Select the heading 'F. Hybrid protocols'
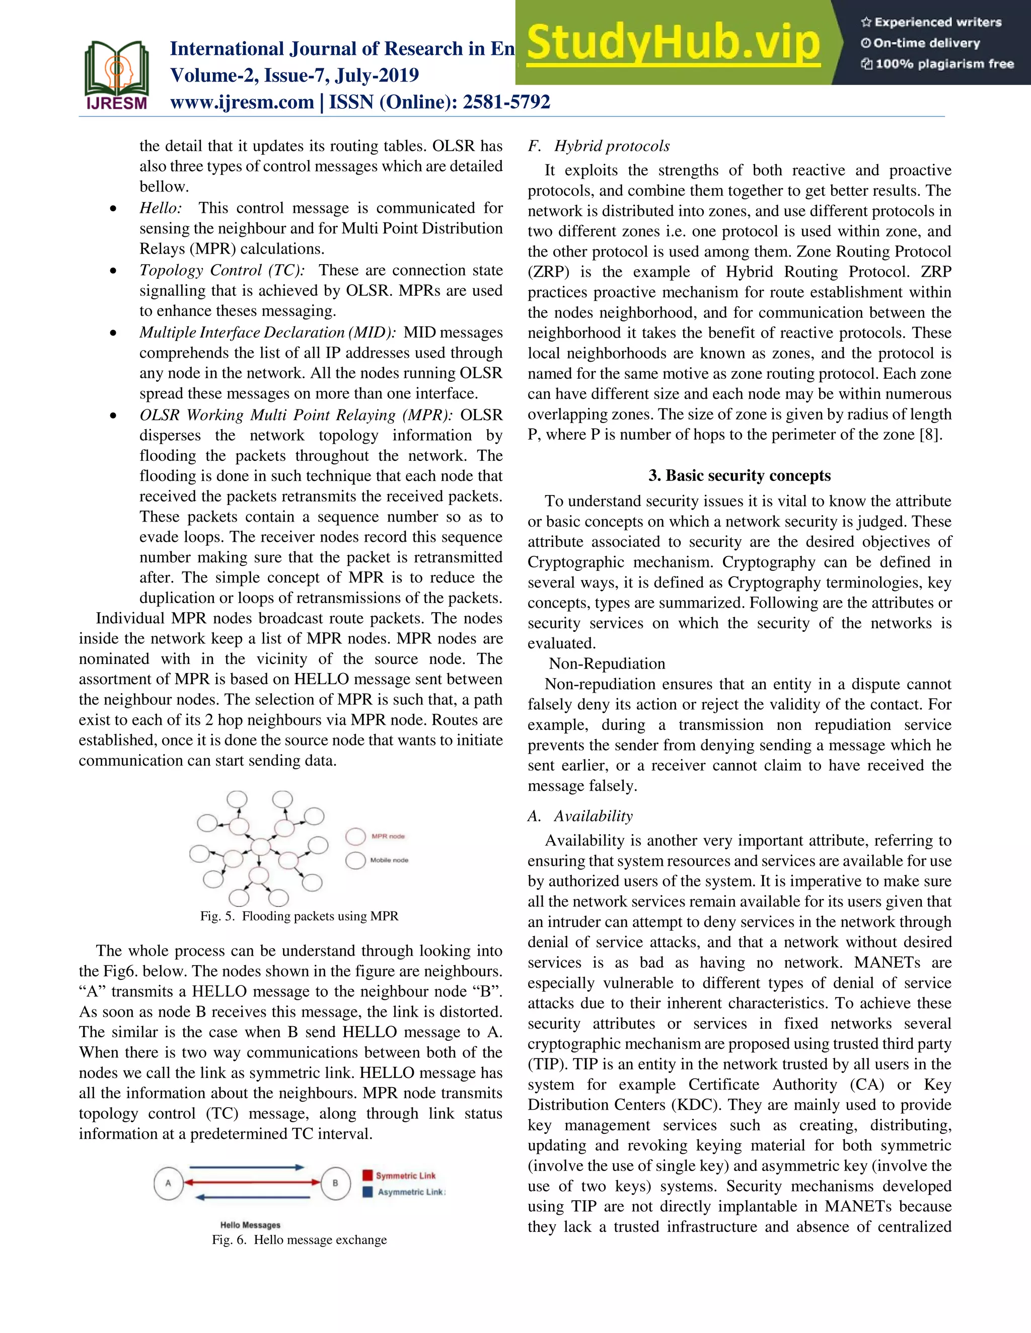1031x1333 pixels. coord(599,146)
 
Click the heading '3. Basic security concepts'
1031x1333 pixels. coord(739,475)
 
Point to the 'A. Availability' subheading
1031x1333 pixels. coord(580,816)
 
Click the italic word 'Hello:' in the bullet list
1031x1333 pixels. coord(161,208)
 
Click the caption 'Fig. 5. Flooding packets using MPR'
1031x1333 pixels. coord(300,916)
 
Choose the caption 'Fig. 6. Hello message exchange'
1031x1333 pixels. coord(300,1239)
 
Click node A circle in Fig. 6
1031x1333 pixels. coord(169,1183)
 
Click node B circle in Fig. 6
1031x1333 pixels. coord(335,1183)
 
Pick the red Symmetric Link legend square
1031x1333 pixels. coord(367,1175)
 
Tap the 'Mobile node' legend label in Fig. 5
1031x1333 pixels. coord(389,860)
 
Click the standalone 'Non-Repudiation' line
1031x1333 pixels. coord(607,664)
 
